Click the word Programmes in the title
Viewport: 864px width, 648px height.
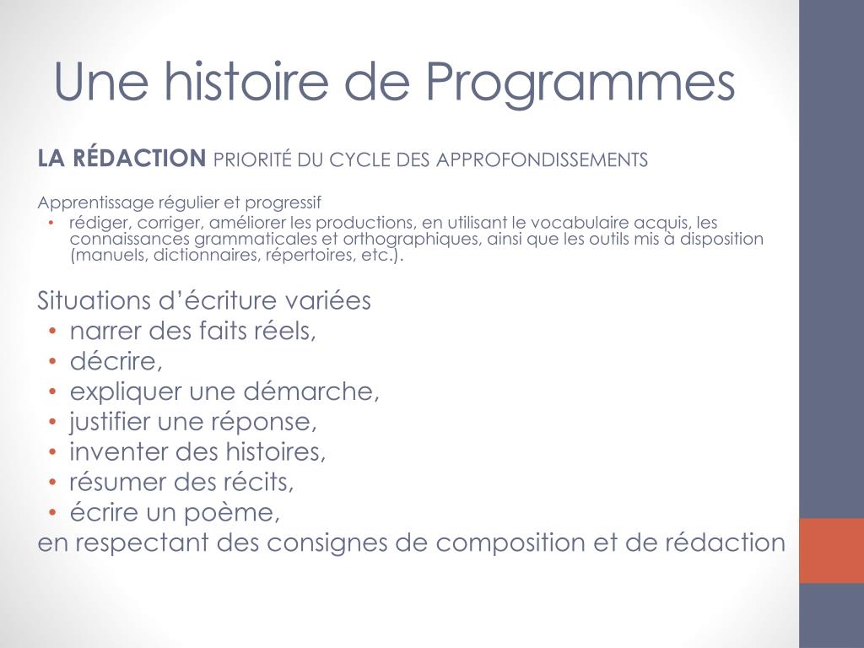point(580,83)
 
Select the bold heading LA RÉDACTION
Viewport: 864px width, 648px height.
point(121,158)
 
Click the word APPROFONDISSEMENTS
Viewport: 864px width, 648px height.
point(542,159)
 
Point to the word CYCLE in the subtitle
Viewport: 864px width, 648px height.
point(345,159)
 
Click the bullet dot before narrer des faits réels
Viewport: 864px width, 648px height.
point(52,332)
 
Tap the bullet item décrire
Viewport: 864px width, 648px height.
point(116,361)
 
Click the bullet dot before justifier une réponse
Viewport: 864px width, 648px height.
point(52,422)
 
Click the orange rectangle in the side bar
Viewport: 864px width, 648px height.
point(831,550)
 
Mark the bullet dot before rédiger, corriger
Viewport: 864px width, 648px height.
point(52,224)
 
